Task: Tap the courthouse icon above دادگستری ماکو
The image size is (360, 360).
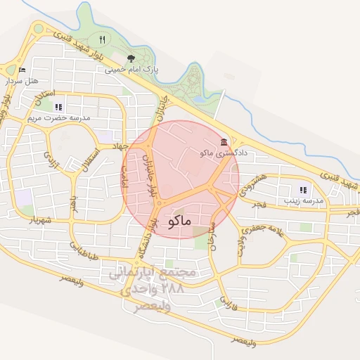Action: pyautogui.click(x=224, y=142)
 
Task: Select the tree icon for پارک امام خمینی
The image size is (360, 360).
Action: pyautogui.click(x=131, y=58)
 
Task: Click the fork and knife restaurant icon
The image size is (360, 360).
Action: pyautogui.click(x=103, y=39)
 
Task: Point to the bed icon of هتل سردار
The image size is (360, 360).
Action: pyautogui.click(x=21, y=70)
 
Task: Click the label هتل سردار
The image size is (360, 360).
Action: pyautogui.click(x=21, y=81)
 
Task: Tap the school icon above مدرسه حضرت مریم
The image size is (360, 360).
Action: pyautogui.click(x=58, y=107)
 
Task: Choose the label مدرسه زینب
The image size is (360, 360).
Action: pyautogui.click(x=303, y=201)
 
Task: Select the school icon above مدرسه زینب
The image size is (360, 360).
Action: pyautogui.click(x=303, y=190)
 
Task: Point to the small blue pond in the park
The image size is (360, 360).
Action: pyautogui.click(x=200, y=99)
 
